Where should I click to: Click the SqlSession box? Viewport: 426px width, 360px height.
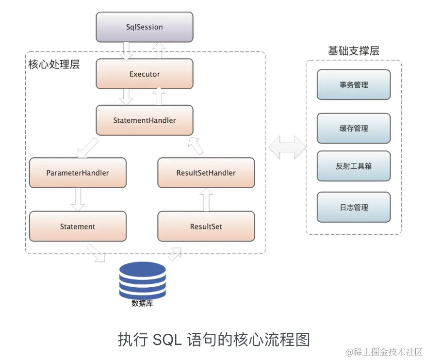(x=144, y=27)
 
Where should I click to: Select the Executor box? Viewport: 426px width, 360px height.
(x=144, y=74)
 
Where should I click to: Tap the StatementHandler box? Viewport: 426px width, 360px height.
(x=144, y=120)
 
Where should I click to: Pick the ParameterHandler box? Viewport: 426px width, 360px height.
(x=78, y=173)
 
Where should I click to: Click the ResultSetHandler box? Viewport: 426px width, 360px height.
(x=206, y=173)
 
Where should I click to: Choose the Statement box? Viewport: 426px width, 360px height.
(x=78, y=226)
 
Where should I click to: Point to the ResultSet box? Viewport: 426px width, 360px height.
(x=206, y=226)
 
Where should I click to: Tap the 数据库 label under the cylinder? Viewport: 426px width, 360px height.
(x=142, y=304)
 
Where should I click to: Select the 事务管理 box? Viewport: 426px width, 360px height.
(x=353, y=85)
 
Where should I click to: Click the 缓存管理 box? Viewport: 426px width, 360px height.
(x=353, y=128)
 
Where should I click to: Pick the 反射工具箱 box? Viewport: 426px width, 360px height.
(x=353, y=166)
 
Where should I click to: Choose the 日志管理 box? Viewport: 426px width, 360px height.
(x=353, y=207)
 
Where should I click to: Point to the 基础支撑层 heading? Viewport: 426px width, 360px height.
(x=353, y=51)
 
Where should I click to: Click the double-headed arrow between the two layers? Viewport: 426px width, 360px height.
(x=286, y=146)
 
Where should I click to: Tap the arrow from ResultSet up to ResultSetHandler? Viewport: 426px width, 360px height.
(x=207, y=199)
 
